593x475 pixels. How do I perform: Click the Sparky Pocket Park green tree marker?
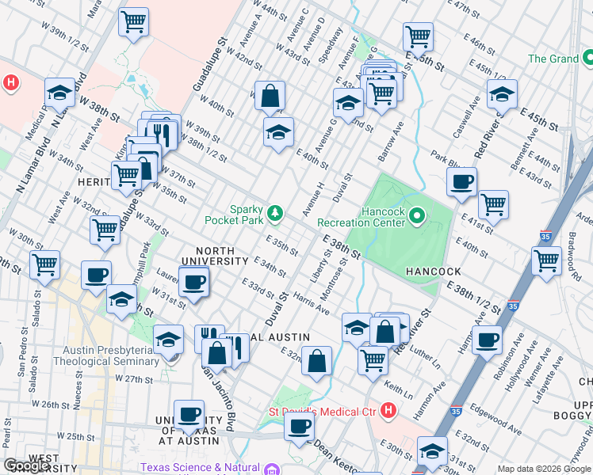coord(275,212)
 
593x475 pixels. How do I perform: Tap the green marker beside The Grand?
coord(587,59)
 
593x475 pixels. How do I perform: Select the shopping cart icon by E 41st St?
coord(493,204)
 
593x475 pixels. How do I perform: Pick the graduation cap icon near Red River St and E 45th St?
coord(502,94)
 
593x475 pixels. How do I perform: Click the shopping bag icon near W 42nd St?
coord(270,97)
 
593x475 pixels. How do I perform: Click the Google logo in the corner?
coord(27,466)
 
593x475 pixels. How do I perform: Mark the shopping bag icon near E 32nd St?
coord(316,362)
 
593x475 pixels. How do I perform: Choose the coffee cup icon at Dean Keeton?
coord(299,427)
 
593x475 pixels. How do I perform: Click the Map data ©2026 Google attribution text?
coord(543,469)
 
